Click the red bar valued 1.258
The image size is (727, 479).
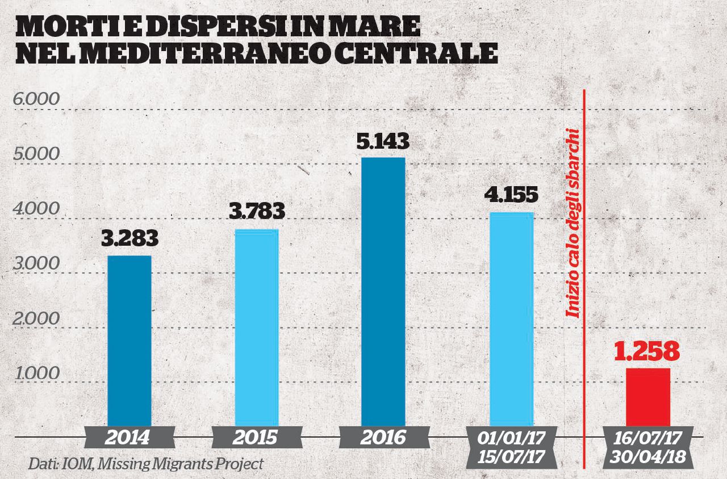[x=648, y=397]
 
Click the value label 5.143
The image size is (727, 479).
[x=383, y=141]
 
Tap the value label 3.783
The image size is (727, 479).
[x=257, y=212]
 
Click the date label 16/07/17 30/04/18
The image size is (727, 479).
[x=647, y=448]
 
